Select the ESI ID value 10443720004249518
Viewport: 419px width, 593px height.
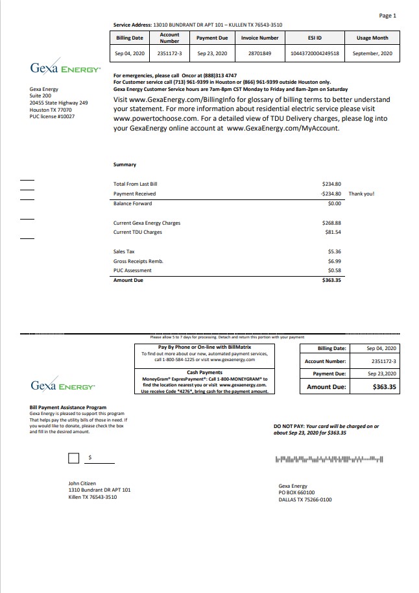click(x=315, y=53)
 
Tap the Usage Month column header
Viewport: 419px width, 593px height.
click(x=372, y=38)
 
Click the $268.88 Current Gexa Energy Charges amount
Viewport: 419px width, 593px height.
click(x=331, y=223)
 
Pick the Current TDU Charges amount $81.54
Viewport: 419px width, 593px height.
click(x=333, y=232)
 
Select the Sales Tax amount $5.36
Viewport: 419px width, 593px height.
click(x=334, y=251)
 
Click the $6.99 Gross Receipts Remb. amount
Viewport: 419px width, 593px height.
click(x=334, y=260)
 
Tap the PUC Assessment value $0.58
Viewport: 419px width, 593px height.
click(x=334, y=270)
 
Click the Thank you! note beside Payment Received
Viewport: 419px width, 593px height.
click(x=361, y=194)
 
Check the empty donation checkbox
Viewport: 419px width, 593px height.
click(x=74, y=459)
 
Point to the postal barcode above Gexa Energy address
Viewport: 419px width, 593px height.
click(x=329, y=460)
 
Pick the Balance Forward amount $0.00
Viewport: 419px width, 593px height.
click(x=335, y=203)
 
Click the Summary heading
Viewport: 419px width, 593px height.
click(x=125, y=165)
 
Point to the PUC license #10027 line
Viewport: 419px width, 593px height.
click(x=52, y=116)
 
